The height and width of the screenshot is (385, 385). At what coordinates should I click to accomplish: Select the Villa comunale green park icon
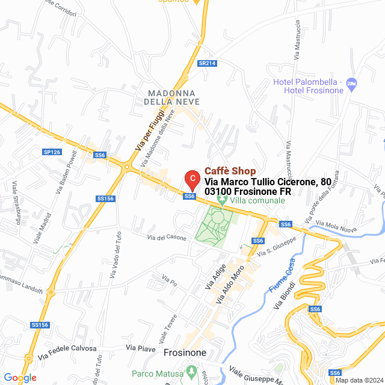click(223, 200)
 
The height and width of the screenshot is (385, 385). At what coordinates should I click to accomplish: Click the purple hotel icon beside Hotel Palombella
click(352, 82)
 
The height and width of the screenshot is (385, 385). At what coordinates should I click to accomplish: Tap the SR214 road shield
click(207, 63)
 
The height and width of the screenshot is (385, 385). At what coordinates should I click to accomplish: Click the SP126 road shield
click(52, 152)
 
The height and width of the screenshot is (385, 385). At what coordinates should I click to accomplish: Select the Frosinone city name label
click(185, 353)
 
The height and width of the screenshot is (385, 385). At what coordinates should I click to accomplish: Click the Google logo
click(20, 378)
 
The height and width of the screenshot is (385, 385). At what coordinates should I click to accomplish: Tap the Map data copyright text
click(358, 380)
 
